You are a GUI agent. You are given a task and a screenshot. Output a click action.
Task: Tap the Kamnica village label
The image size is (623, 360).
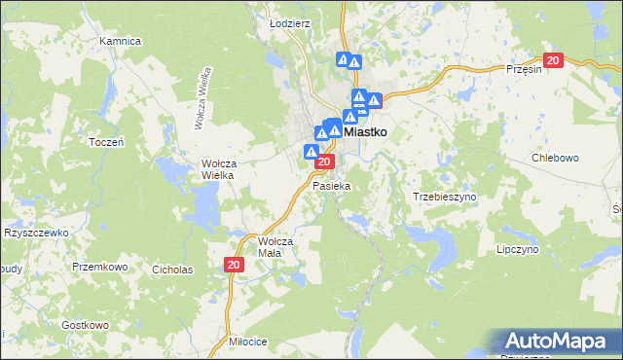[121, 42]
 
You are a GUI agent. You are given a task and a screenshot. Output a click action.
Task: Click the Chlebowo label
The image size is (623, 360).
[555, 157]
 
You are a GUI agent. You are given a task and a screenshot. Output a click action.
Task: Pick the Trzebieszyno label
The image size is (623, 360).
[444, 196]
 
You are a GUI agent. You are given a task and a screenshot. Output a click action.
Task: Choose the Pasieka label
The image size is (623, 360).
[330, 184]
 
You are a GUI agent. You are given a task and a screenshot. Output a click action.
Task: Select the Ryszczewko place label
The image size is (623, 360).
[35, 233]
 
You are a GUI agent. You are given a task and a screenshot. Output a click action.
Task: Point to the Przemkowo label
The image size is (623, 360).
[100, 265]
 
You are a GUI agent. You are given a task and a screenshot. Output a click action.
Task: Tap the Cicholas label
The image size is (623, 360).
[172, 269]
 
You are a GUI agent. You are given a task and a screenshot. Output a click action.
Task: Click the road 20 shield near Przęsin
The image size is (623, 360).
[553, 60]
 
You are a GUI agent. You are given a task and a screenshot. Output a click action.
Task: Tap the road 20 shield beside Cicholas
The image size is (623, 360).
[233, 264]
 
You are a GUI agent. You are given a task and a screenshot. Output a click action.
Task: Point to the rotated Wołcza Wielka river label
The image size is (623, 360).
[205, 97]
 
